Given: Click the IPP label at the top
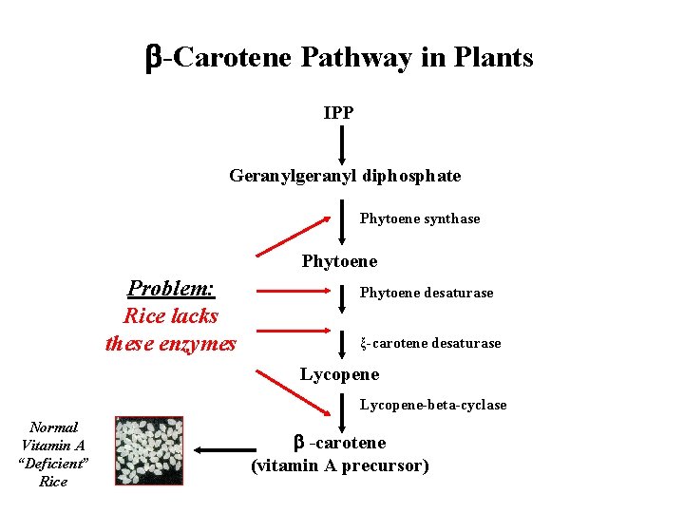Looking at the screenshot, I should click(x=339, y=113).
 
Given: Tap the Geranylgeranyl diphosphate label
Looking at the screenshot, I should click(x=345, y=176).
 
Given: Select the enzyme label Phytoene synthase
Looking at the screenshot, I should click(x=420, y=218).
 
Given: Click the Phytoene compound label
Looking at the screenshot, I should click(x=339, y=261).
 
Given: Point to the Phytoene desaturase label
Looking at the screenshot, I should click(x=427, y=293).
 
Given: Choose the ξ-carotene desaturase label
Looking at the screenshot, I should click(x=430, y=343).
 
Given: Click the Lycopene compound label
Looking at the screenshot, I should click(x=339, y=374).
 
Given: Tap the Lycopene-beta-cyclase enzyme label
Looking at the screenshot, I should click(x=432, y=405).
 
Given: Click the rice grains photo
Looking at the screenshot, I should click(x=148, y=451).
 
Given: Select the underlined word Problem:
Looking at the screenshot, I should click(x=171, y=288).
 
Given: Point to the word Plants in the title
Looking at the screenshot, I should click(x=492, y=58).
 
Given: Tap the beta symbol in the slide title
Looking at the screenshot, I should click(x=153, y=59).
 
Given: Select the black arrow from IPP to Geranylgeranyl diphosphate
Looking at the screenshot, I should click(x=342, y=143).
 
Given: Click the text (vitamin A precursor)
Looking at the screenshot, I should click(x=340, y=465).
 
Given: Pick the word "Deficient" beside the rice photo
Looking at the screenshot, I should click(x=54, y=464).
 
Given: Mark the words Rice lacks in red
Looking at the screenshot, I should click(x=171, y=315).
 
